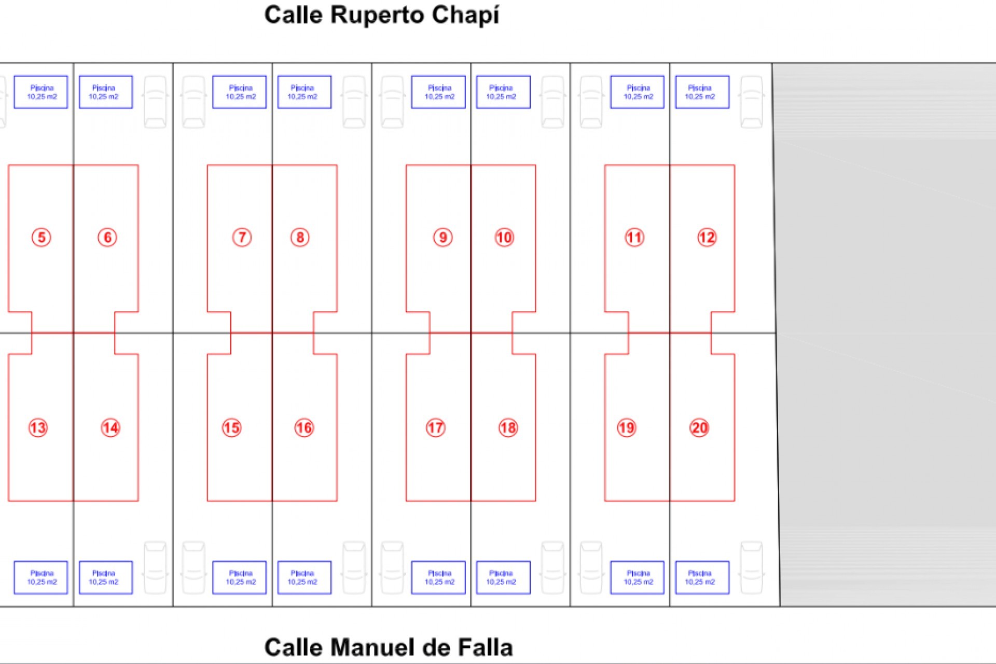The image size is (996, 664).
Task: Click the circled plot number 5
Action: pos(41,238)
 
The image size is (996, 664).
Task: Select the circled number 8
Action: pos(300,238)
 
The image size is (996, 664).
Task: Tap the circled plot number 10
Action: pos(504,238)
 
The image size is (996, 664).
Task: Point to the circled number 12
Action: pos(707,238)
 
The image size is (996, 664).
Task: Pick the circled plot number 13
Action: pos(38,428)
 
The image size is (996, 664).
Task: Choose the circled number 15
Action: pos(231,428)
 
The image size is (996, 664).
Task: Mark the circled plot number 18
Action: pos(508,428)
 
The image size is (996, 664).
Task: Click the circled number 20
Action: pos(699,428)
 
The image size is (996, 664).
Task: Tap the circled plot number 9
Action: pos(442,238)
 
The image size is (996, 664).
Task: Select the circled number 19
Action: pos(627,428)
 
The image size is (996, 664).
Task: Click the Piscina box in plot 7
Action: pos(239,92)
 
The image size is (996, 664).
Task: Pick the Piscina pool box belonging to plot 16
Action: pos(304,577)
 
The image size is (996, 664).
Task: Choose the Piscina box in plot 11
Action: pos(637,92)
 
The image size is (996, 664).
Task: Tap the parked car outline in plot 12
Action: pos(751,102)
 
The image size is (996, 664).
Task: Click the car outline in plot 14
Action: pos(155,568)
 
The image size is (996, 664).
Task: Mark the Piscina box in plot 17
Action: pos(438,577)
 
